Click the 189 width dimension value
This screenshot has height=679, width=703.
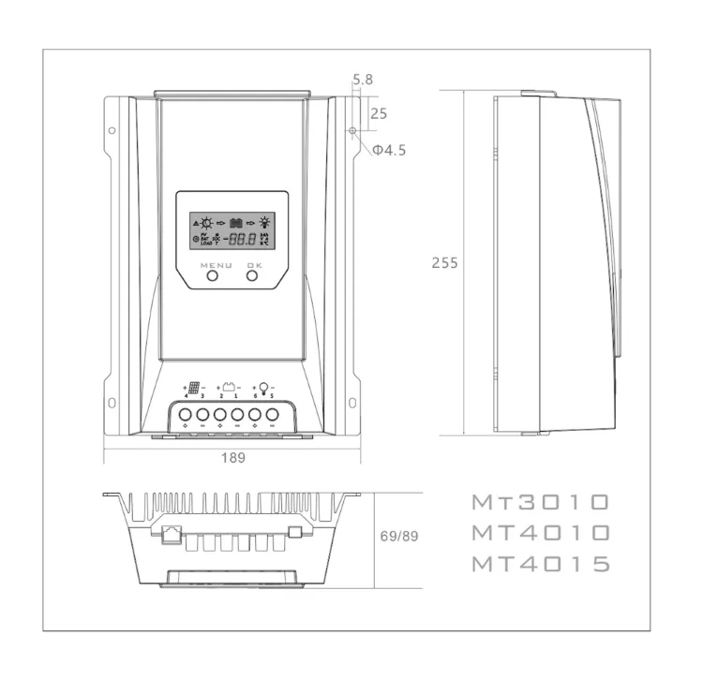[232, 459]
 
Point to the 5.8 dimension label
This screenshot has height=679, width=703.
[363, 80]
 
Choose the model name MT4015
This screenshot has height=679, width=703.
[541, 564]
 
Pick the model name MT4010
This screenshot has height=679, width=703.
[541, 533]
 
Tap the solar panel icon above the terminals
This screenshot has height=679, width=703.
[194, 388]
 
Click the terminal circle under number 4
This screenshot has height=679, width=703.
[186, 414]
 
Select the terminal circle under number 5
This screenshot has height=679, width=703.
[272, 414]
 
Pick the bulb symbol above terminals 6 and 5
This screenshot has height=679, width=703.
[263, 387]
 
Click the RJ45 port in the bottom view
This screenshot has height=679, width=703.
[172, 535]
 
